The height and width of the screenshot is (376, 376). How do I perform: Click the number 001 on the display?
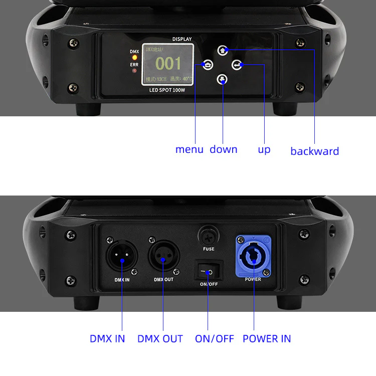[x=168, y=63]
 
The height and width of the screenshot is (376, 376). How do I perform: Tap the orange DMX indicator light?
[x=134, y=58]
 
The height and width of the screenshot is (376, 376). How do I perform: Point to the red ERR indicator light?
[x=134, y=71]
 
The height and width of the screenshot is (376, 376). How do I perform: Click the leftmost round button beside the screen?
[x=208, y=65]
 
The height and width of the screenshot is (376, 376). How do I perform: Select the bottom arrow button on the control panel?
[x=223, y=79]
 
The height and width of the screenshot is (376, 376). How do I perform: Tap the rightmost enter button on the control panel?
[x=237, y=65]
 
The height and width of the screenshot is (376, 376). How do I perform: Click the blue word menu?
[x=189, y=149]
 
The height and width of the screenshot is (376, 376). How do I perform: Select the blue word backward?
[x=314, y=151]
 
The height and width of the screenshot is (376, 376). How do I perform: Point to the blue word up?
[x=264, y=149]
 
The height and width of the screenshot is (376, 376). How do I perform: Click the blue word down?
[x=223, y=149]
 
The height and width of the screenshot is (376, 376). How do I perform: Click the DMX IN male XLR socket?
[x=120, y=257]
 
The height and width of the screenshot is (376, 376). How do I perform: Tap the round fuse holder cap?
[x=209, y=235]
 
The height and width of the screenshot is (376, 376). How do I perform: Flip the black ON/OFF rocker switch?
[x=208, y=272]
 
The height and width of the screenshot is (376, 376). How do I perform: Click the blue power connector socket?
[x=253, y=256]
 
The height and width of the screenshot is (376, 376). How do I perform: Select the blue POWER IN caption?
[x=266, y=338]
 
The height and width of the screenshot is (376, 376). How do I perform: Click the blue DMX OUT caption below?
[x=160, y=338]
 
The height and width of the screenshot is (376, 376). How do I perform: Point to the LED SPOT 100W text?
[x=167, y=90]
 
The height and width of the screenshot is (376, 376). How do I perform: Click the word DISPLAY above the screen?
[x=182, y=39]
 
